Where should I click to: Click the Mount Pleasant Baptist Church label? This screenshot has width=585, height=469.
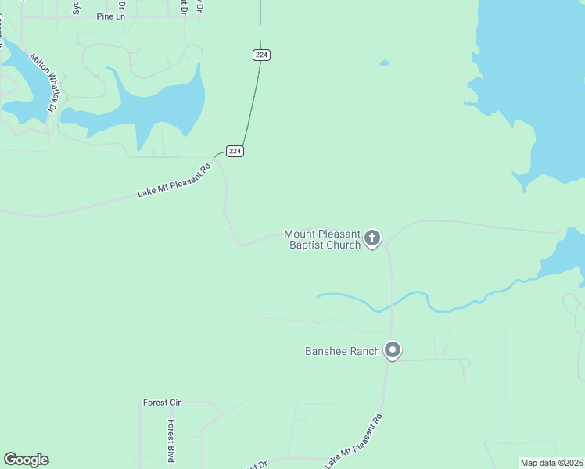322,239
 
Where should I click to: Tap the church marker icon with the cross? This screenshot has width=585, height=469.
373,238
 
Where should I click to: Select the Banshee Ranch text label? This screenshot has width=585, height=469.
342,351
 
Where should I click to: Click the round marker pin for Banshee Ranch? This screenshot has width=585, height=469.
393,350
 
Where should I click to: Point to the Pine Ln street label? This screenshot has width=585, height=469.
111,16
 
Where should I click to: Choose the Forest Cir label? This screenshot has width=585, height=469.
162,403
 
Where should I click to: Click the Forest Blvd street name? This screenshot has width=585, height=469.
170,439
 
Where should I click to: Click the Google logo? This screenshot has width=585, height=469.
26,460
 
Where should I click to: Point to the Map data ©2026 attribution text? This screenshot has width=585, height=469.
551,463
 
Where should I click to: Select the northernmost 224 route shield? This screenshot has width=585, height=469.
261,55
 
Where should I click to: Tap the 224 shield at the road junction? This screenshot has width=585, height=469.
235,151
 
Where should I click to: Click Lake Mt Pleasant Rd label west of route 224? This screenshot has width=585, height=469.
174,181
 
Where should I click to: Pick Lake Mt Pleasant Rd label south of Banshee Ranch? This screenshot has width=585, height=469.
354,441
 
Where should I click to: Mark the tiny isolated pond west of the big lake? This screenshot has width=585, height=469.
383,63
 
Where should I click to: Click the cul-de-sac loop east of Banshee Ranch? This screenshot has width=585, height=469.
465,362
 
